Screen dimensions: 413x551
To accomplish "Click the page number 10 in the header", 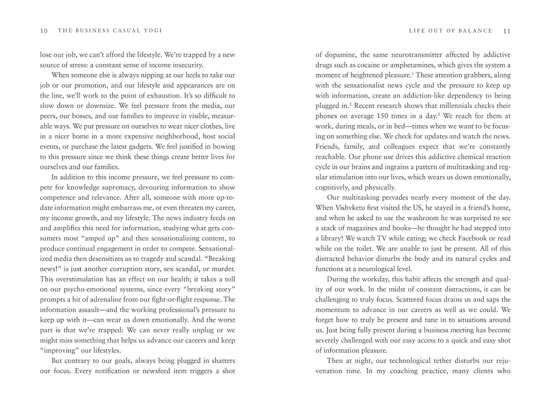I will [x=44, y=31].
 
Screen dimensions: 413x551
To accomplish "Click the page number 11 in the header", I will [x=507, y=31].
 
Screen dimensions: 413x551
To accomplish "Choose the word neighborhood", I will [x=174, y=137].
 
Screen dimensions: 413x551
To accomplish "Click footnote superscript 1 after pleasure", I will [x=413, y=73].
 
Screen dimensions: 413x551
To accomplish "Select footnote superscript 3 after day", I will [x=439, y=114].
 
